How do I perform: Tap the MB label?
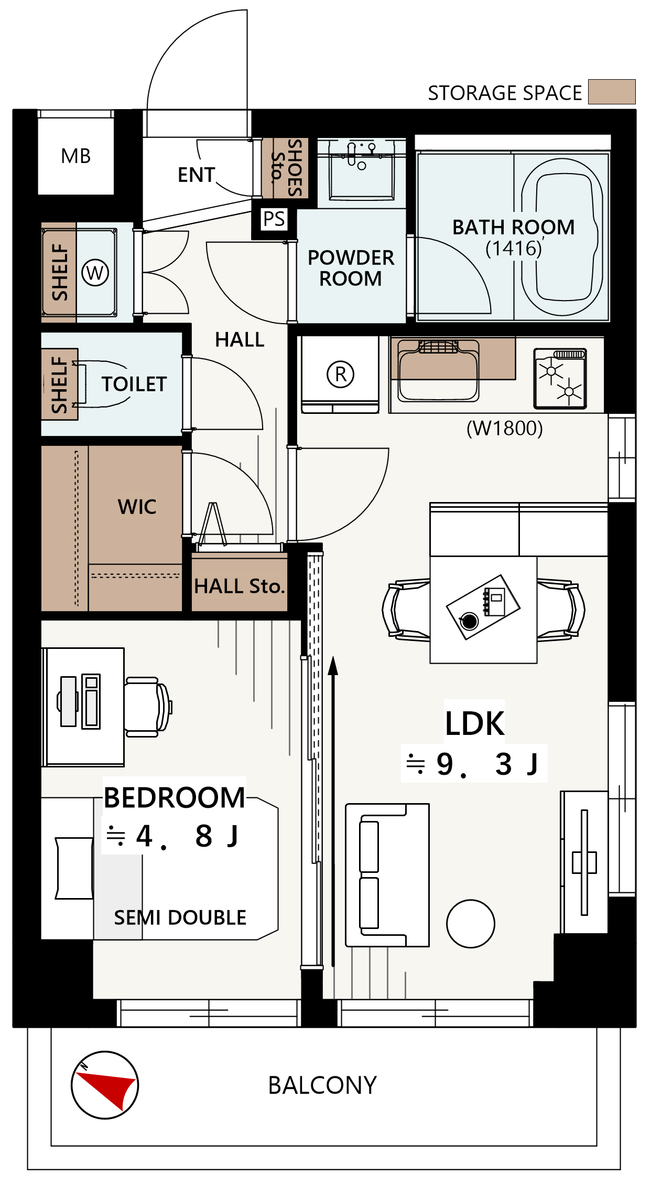coord(76,156)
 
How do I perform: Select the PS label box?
coord(274,219)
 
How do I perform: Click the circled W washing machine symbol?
coord(95,273)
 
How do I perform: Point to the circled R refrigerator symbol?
coord(341,374)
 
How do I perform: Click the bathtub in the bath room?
coord(562,237)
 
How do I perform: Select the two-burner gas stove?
coord(560,378)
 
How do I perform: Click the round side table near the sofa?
coord(471,924)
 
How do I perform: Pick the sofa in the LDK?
coord(387,875)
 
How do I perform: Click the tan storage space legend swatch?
coord(612,92)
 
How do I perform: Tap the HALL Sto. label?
coord(240,586)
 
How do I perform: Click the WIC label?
coord(137,507)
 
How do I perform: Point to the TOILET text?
coord(134,384)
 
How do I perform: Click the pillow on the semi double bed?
coord(74,868)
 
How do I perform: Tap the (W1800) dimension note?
coord(505,428)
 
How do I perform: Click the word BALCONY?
coord(323,1085)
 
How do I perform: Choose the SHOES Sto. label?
coord(286,168)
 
